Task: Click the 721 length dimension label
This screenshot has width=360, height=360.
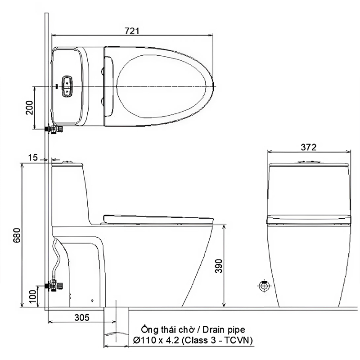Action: click(132, 31)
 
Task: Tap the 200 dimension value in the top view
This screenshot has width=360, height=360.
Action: click(29, 108)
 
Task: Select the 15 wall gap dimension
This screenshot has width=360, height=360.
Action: click(32, 158)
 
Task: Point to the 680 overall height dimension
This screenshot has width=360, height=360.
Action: click(17, 235)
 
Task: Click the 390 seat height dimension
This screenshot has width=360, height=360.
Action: click(219, 266)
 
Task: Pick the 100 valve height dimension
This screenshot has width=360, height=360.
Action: click(32, 296)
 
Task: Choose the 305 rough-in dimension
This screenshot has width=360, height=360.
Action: click(82, 318)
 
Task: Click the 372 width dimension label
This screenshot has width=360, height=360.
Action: click(309, 147)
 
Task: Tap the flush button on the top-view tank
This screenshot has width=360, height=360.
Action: click(67, 86)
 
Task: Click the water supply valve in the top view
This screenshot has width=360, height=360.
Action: click(54, 129)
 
